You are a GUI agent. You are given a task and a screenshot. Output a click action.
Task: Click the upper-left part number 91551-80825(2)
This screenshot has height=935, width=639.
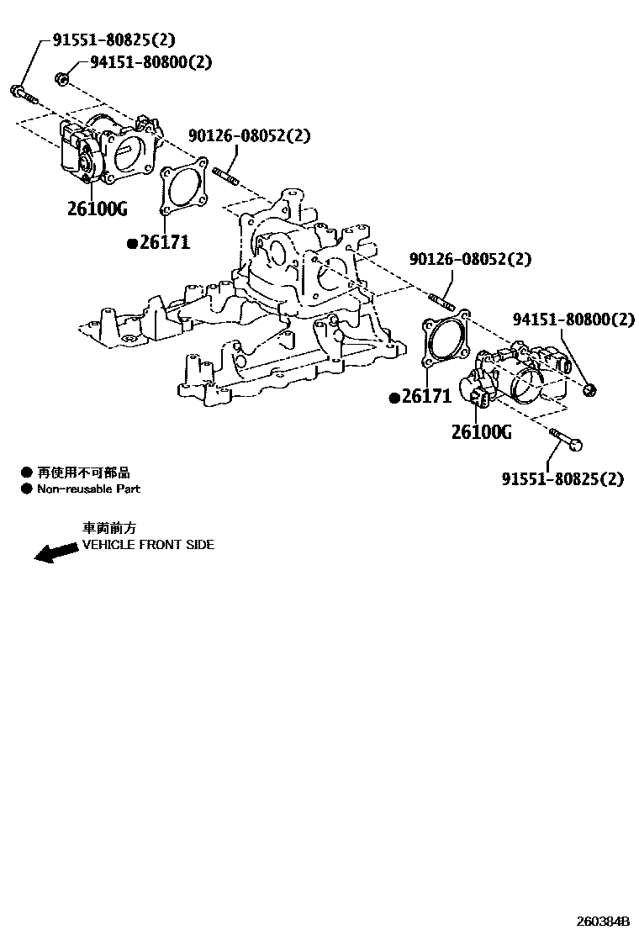114,40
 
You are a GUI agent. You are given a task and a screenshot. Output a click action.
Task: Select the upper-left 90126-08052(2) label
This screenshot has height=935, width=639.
249,135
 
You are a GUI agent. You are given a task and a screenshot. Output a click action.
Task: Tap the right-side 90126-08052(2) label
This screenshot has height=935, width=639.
470,259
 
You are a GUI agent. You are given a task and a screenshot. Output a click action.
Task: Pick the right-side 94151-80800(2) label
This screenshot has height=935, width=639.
573,320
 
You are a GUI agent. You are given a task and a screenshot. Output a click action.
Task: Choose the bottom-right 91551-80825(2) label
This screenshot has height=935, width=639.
562,479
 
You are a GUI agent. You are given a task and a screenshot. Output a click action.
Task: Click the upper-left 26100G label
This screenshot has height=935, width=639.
97,208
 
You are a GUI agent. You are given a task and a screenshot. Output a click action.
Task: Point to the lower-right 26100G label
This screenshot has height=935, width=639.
481,432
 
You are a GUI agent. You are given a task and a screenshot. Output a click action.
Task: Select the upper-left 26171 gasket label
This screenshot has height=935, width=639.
165,243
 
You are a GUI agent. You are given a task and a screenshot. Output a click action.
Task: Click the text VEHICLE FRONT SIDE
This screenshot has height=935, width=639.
148,545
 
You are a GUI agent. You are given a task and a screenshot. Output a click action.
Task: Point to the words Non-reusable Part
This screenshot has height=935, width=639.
88,489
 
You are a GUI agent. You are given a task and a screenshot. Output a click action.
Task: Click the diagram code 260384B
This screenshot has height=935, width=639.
602,920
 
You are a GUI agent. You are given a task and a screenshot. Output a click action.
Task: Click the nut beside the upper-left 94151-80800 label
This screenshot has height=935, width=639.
61,79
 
